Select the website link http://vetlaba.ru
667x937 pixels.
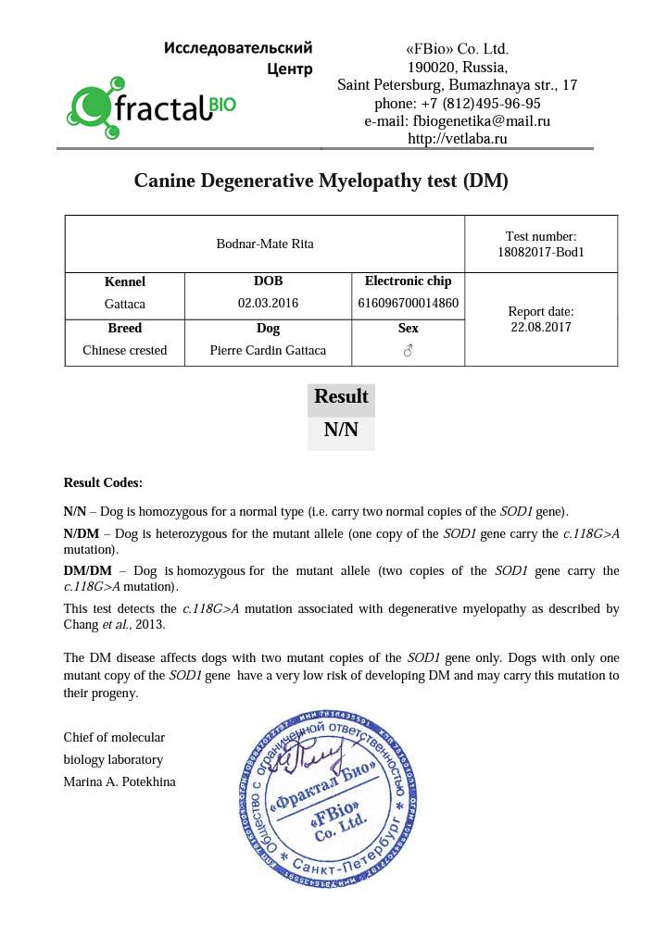pyautogui.click(x=458, y=139)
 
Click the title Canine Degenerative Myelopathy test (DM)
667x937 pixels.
pyautogui.click(x=321, y=181)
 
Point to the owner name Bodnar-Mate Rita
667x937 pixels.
pyautogui.click(x=264, y=244)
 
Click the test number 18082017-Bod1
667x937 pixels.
pyautogui.click(x=542, y=251)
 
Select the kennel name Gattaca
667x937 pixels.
pyautogui.click(x=125, y=303)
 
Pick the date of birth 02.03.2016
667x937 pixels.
pyautogui.click(x=269, y=303)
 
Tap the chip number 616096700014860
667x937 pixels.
pyautogui.click(x=408, y=303)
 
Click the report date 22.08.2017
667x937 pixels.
pyautogui.click(x=542, y=327)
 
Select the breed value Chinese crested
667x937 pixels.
pyautogui.click(x=125, y=350)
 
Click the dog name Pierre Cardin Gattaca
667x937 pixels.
pyautogui.click(x=269, y=350)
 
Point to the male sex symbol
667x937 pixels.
pyautogui.click(x=408, y=351)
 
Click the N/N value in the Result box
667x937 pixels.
pyautogui.click(x=341, y=431)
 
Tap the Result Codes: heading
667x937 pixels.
pyautogui.click(x=103, y=482)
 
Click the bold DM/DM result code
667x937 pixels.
pyautogui.click(x=87, y=570)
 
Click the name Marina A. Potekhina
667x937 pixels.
pyautogui.click(x=120, y=782)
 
